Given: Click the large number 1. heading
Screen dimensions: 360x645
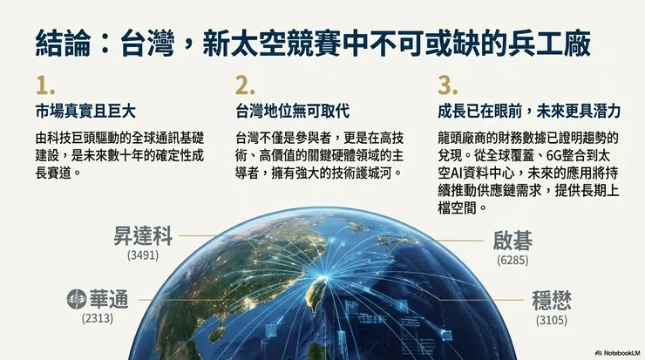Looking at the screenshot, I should click(x=45, y=85).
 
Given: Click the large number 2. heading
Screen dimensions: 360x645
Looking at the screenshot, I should click(x=246, y=85).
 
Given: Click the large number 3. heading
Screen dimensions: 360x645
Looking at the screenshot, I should click(x=447, y=85).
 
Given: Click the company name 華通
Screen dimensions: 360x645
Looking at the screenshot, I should click(x=106, y=301).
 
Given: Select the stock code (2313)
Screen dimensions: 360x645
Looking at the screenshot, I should click(x=98, y=321).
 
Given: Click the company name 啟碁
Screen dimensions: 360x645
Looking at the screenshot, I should click(x=513, y=241).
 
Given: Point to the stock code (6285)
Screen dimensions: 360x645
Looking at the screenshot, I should click(x=513, y=260).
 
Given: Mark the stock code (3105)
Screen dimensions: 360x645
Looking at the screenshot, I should click(x=552, y=322).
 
